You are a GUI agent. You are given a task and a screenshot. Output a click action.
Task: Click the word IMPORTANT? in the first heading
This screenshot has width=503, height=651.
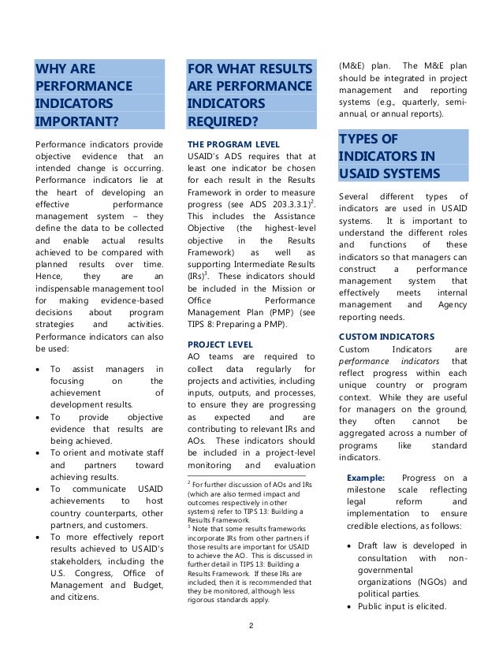[77, 121]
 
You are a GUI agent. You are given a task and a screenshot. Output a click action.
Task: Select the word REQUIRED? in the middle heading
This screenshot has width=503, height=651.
[223, 121]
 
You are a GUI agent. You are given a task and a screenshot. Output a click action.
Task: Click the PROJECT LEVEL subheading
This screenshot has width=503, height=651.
[220, 344]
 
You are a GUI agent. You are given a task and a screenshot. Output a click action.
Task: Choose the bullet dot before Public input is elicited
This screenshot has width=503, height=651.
[351, 607]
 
